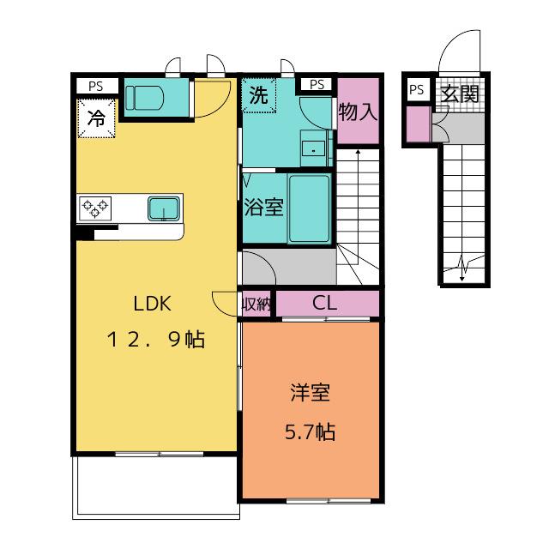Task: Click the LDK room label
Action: click(153, 304)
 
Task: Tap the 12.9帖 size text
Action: click(156, 340)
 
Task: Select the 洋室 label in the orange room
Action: click(311, 393)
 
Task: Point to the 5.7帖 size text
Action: click(311, 431)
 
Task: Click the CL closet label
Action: click(324, 303)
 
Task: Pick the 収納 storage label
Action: click(257, 305)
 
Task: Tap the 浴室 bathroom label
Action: click(263, 207)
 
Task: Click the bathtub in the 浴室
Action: click(309, 209)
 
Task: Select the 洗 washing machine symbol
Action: click(259, 95)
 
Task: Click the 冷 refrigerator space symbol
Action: click(96, 118)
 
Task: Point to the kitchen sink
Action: click(164, 208)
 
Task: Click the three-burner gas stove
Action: click(95, 208)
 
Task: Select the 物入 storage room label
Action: click(358, 112)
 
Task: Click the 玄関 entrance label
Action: click(460, 94)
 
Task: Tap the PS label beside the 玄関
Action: click(416, 90)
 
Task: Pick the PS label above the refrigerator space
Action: click(95, 86)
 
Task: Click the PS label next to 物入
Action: click(317, 84)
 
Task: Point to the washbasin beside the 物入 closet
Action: click(314, 148)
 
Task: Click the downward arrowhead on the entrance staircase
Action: click(462, 278)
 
